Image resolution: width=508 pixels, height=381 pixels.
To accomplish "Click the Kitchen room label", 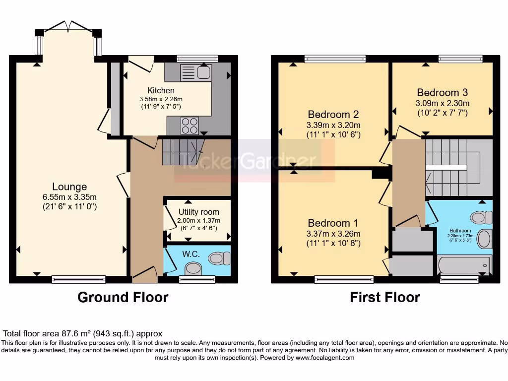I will point(161,90).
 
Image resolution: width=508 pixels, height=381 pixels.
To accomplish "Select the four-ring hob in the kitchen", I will point(190,126).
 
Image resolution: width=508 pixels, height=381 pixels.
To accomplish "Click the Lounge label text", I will point(69,187).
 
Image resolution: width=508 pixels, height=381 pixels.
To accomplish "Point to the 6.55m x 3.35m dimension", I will point(69,197).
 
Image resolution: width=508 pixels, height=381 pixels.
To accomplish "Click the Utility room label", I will point(198,212).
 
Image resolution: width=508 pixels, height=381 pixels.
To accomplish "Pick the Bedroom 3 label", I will point(442,92).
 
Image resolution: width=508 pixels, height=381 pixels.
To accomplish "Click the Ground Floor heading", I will point(123,297).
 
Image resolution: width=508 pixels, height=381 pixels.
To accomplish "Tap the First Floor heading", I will point(385,297).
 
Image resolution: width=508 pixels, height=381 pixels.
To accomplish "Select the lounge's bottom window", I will point(78,280).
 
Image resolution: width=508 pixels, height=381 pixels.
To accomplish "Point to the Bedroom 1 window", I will point(344,280).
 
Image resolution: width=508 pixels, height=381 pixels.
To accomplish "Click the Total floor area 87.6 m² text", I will point(83,334).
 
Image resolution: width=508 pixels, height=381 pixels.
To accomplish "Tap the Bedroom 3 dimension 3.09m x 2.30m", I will point(442,103).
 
